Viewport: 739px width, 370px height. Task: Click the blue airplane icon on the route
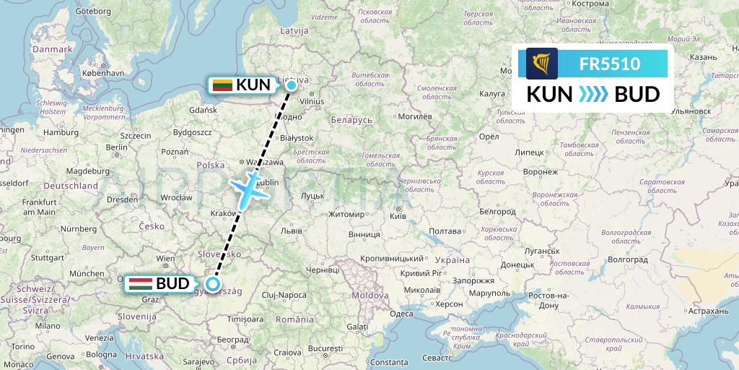coord(248,187)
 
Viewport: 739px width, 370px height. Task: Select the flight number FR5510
coord(609,64)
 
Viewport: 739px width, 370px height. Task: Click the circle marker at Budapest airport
coord(212,284)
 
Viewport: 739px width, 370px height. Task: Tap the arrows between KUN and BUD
coord(595,95)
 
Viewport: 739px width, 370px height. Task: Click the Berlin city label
coord(115,147)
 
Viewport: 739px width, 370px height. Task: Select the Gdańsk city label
coord(203,110)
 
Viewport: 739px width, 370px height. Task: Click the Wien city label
coord(166,258)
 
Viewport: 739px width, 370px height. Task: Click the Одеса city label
coord(401,313)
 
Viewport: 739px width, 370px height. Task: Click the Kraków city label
coord(222,213)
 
